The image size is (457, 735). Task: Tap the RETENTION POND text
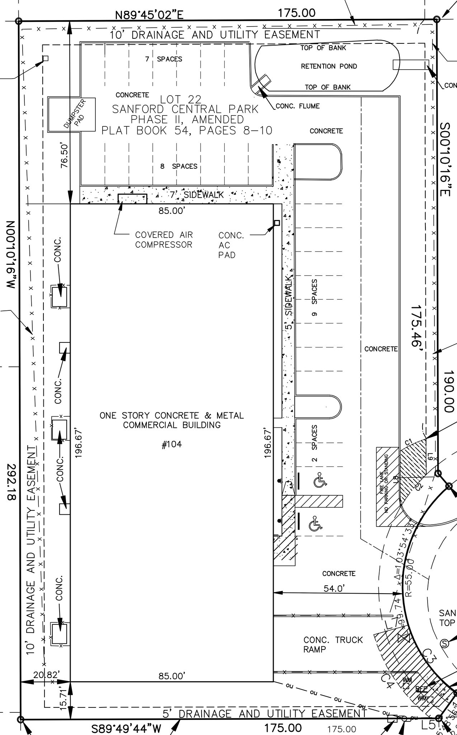point(329,66)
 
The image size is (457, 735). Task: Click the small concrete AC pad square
point(277,223)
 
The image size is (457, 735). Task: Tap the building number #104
point(172,445)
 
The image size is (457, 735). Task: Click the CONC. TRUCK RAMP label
point(333,645)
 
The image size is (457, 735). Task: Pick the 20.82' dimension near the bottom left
point(46,675)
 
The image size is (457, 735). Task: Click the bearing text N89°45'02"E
point(149,15)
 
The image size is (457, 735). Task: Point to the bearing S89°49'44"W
point(126,729)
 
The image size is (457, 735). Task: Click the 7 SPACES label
point(164,59)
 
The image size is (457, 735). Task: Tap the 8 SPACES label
point(179,167)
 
